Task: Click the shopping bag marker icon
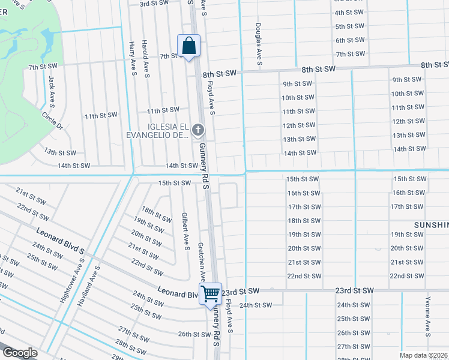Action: [188, 46]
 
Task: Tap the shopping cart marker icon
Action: [210, 294]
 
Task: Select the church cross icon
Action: [199, 130]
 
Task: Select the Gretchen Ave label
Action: [202, 262]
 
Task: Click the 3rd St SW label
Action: [152, 4]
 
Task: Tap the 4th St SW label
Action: [349, 13]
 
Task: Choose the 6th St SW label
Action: [349, 40]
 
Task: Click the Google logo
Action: [19, 353]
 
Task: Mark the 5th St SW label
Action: [349, 26]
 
